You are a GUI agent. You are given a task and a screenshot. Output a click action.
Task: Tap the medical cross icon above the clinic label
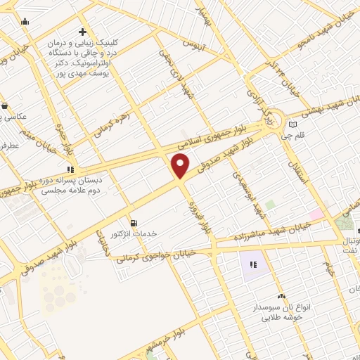click(x=83, y=32)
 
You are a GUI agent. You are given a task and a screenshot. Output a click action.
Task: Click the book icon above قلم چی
click(x=292, y=125)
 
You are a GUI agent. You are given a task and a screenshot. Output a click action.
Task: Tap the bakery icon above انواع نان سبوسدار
click(x=282, y=296)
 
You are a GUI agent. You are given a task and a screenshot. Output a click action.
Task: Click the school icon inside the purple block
click(x=253, y=264)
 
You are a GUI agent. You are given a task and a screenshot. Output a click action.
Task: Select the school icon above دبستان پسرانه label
click(x=70, y=169)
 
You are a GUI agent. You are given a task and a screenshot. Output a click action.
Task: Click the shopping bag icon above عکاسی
click(x=6, y=105)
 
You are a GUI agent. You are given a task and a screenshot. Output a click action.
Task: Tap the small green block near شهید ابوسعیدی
click(x=270, y=205)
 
